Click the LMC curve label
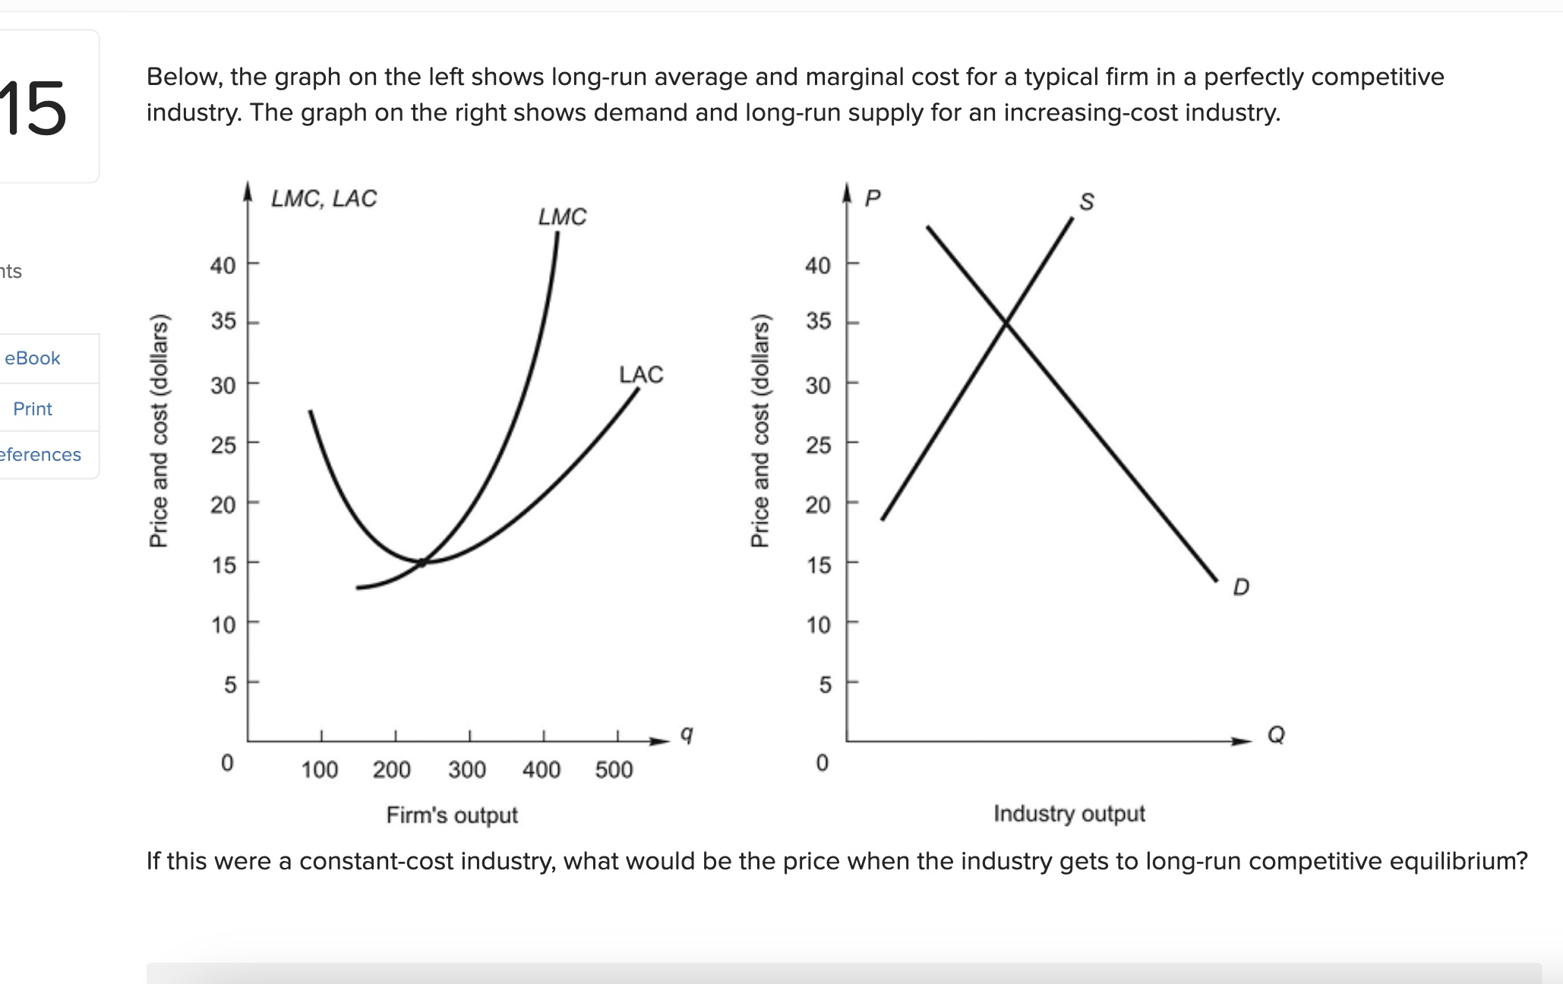[562, 217]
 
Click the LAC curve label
[640, 374]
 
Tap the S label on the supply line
[1087, 202]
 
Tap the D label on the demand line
[1241, 587]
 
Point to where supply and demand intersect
[1006, 324]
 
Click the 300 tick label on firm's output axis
[466, 770]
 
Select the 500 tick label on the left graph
[614, 770]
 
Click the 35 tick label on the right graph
[819, 321]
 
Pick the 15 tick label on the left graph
[223, 565]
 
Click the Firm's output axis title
[452, 815]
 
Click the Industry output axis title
[1069, 813]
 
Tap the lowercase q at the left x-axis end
[686, 734]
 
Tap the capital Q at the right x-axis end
[1276, 734]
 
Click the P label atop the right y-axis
[873, 198]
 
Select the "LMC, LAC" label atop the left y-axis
[324, 198]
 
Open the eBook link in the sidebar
[33, 358]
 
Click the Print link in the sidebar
[33, 409]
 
